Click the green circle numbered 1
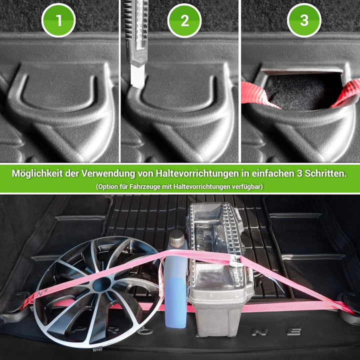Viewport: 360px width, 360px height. click(x=58, y=20)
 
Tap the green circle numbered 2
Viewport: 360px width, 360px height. click(x=184, y=20)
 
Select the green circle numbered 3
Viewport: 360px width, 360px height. click(x=304, y=20)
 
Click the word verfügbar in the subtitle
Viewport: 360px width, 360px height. click(x=245, y=186)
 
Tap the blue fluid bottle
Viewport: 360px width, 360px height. click(x=175, y=295)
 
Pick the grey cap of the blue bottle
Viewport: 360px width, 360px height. click(x=176, y=238)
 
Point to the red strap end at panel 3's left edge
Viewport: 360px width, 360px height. click(x=252, y=93)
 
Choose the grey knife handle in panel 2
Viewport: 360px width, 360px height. click(x=136, y=30)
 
